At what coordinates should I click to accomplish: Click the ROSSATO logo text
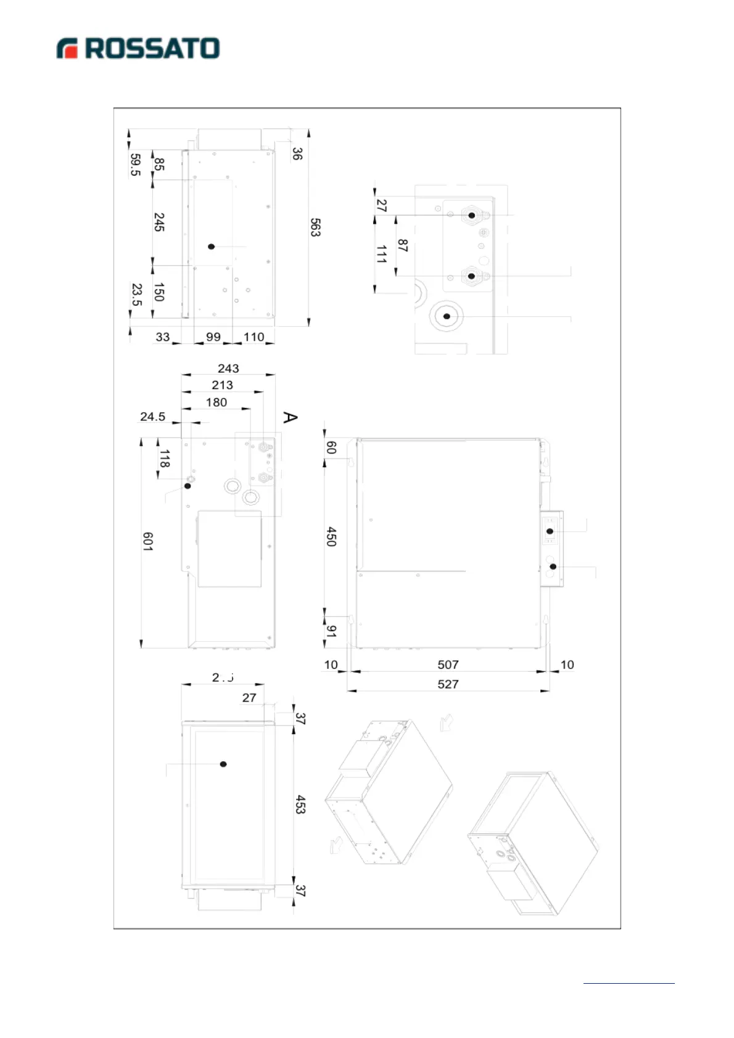coord(152,49)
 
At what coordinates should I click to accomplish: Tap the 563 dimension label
coord(315,227)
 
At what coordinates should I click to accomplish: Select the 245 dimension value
coord(159,222)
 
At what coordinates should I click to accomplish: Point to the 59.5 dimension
coord(136,165)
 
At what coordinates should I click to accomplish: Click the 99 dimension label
coord(213,337)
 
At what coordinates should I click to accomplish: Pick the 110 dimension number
coord(254,337)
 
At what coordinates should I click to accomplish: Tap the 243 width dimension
coord(228,369)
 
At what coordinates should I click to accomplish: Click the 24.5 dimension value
coord(152,417)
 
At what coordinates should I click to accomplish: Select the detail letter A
coord(290,417)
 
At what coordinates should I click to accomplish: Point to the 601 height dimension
coord(148,541)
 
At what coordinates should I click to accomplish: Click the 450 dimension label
coord(331,536)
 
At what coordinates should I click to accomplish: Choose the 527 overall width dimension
coord(448,684)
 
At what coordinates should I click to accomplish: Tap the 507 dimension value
coord(448,665)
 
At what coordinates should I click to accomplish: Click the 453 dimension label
coord(300,804)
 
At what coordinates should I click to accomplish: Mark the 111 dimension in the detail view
coord(382,254)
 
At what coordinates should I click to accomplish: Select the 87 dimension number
coord(403,245)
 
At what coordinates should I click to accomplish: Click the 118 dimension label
coord(165,458)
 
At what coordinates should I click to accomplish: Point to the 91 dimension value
coord(332,631)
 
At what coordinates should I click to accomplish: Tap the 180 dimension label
coord(216,403)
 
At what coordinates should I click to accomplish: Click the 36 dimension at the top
coord(297,153)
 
